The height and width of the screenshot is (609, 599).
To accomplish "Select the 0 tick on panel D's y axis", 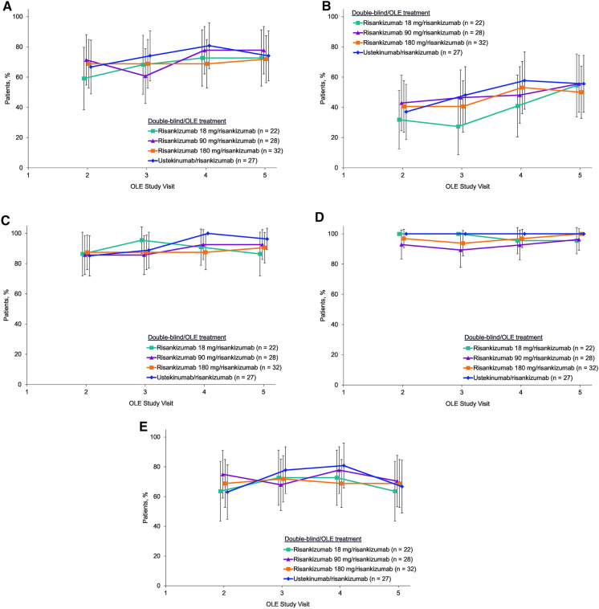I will (x=337, y=385).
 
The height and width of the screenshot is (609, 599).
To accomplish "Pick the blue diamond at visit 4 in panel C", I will (x=207, y=234).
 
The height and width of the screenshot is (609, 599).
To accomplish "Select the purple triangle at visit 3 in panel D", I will (x=459, y=250).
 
